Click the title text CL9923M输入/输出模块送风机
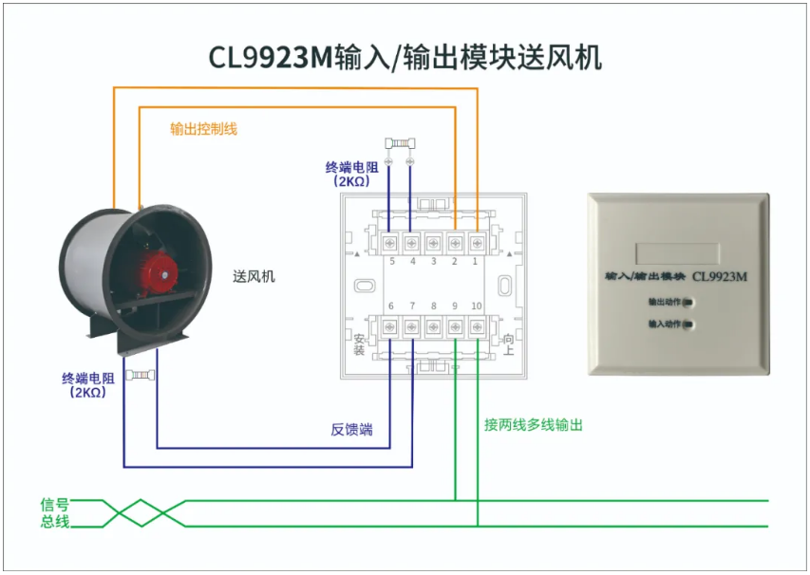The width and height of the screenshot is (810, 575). pyautogui.click(x=405, y=57)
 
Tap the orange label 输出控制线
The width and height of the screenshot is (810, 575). pyautogui.click(x=203, y=128)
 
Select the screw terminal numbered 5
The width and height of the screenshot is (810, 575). pyautogui.click(x=389, y=243)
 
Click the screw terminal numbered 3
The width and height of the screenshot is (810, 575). pyautogui.click(x=433, y=243)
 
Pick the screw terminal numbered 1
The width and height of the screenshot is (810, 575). pyautogui.click(x=477, y=243)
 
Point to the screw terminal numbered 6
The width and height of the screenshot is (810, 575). pyautogui.click(x=389, y=326)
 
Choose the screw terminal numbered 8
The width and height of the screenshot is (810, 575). pyautogui.click(x=433, y=326)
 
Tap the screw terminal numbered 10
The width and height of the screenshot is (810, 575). pyautogui.click(x=477, y=326)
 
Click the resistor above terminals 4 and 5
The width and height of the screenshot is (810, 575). pyautogui.click(x=401, y=143)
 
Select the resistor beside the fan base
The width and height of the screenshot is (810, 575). pyautogui.click(x=140, y=375)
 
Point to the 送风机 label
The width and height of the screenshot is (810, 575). pyautogui.click(x=254, y=277)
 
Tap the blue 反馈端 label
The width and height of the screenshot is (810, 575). pyautogui.click(x=351, y=430)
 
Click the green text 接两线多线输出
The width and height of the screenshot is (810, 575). pyautogui.click(x=533, y=425)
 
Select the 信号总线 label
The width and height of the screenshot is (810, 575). pyautogui.click(x=55, y=512)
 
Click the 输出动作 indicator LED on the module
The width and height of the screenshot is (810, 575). pyautogui.click(x=688, y=303)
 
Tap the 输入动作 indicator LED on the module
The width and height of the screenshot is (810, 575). pyautogui.click(x=688, y=325)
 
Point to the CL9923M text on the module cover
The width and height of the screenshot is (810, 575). pyautogui.click(x=720, y=277)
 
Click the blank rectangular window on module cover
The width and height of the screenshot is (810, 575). pyautogui.click(x=677, y=253)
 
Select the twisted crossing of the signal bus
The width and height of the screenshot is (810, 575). pyautogui.click(x=141, y=513)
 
